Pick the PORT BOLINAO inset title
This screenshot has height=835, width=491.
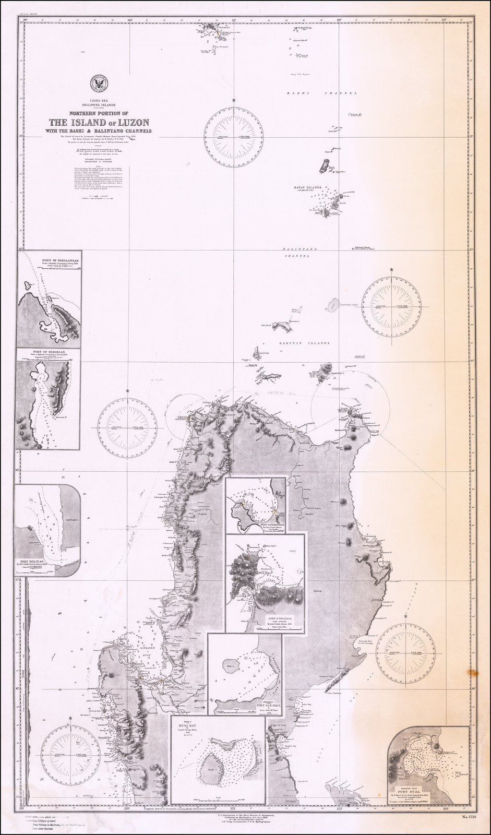(x=30, y=562)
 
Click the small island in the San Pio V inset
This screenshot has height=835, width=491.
(x=231, y=666)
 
